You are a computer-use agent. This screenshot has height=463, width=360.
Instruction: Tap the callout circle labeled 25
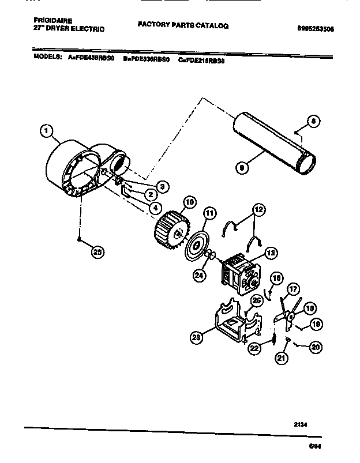pyautogui.click(x=97, y=250)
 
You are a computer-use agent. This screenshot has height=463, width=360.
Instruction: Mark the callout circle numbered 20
pyautogui.click(x=315, y=347)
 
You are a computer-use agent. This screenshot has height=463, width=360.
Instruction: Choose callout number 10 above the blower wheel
pyautogui.click(x=189, y=202)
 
